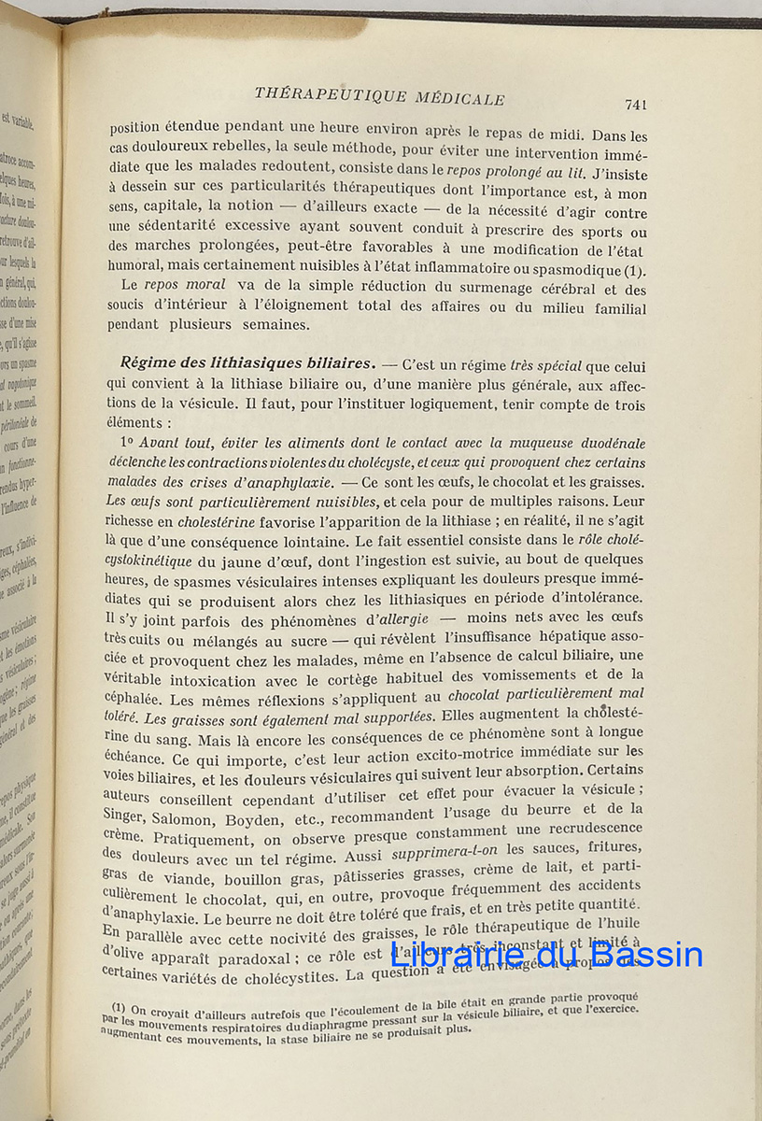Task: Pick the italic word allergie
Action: click(x=402, y=617)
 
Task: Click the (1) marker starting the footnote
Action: click(x=119, y=1007)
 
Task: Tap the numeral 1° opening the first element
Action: click(x=129, y=442)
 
